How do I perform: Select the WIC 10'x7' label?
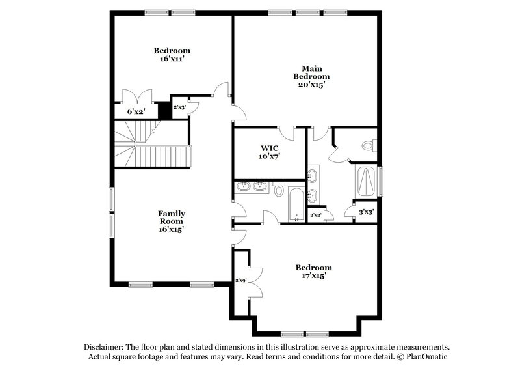point(269,152)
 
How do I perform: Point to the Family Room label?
point(172,221)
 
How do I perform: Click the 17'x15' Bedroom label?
point(313,272)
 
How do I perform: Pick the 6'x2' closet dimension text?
point(135,112)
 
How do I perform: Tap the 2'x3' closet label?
point(178,107)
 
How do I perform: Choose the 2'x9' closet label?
point(240,281)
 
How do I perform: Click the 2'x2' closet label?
point(316,216)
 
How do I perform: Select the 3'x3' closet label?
point(366,212)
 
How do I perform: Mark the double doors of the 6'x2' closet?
point(136,96)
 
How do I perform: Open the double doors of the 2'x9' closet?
point(253,281)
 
